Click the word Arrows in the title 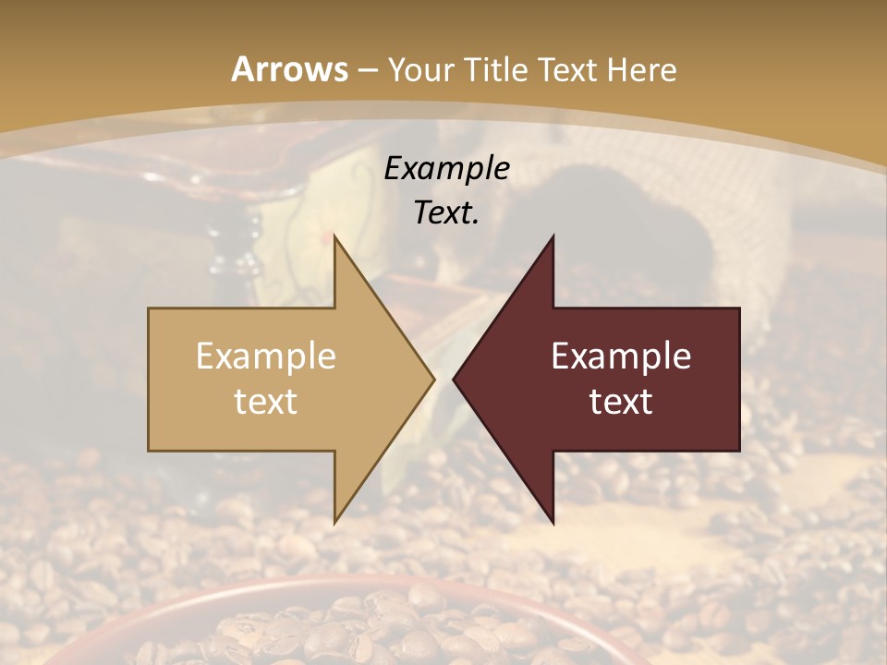pyautogui.click(x=290, y=69)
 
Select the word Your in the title pyautogui.click(x=419, y=70)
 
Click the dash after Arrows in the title pyautogui.click(x=368, y=70)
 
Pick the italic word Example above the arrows pyautogui.click(x=446, y=168)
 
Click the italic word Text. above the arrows pyautogui.click(x=446, y=212)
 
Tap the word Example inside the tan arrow pyautogui.click(x=265, y=357)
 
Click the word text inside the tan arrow pyautogui.click(x=265, y=402)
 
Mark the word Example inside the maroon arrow pyautogui.click(x=621, y=357)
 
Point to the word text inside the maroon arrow pyautogui.click(x=621, y=402)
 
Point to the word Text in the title pyautogui.click(x=567, y=70)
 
